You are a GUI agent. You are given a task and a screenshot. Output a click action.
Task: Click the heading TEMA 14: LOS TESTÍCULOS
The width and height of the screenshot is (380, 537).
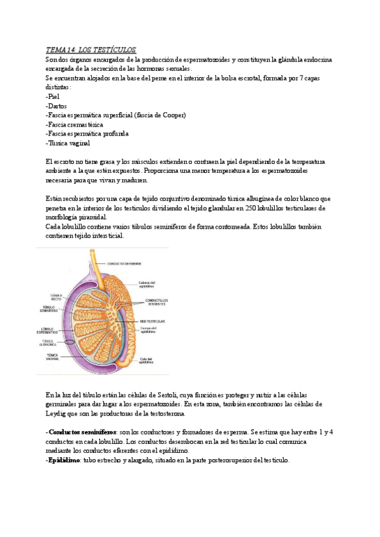coord(91,50)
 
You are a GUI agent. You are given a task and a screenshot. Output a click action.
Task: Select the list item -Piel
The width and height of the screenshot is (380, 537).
coord(54,96)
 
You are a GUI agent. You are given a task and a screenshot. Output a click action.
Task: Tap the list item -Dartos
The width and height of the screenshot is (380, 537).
coord(56,106)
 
